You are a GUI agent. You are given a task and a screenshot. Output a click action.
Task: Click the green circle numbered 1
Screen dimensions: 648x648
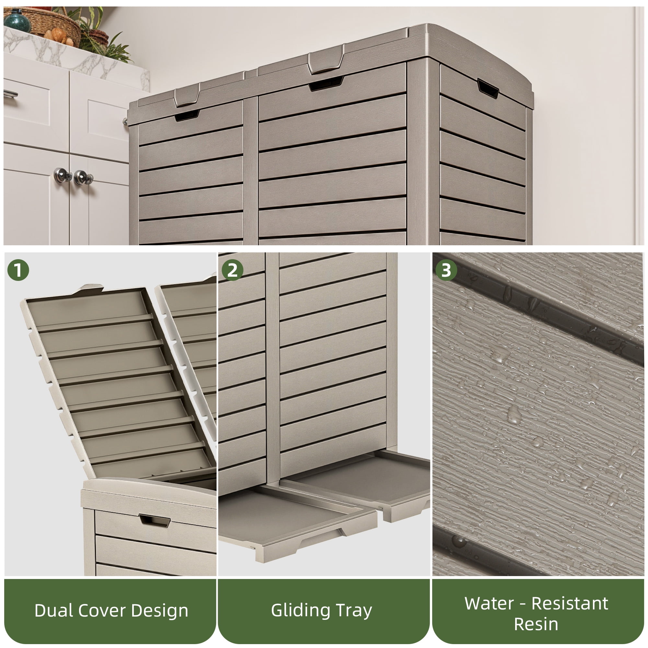[x=18, y=270]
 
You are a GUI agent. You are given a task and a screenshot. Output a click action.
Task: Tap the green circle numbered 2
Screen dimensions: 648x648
[x=232, y=270]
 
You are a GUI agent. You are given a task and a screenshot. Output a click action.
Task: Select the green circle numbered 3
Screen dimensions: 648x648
[x=446, y=270]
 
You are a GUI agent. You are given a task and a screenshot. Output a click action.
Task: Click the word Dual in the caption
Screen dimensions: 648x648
[x=54, y=610]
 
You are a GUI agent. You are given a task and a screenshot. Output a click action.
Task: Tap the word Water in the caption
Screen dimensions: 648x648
[x=489, y=604]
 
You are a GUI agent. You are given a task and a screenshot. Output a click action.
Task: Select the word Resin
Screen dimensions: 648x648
[x=536, y=625]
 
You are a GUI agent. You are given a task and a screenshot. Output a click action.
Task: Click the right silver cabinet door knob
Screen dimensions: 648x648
[x=82, y=177]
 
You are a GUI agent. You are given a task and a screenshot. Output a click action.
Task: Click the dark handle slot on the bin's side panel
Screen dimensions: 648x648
[x=488, y=88]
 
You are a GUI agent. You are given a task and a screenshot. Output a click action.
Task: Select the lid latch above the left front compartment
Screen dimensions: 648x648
[x=187, y=96]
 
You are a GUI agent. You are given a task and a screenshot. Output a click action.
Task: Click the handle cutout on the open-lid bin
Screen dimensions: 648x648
[x=155, y=521]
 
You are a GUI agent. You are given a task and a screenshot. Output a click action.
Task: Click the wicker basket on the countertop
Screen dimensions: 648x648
[x=47, y=25]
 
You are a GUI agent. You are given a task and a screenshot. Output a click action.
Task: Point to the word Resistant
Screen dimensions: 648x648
[x=570, y=604]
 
